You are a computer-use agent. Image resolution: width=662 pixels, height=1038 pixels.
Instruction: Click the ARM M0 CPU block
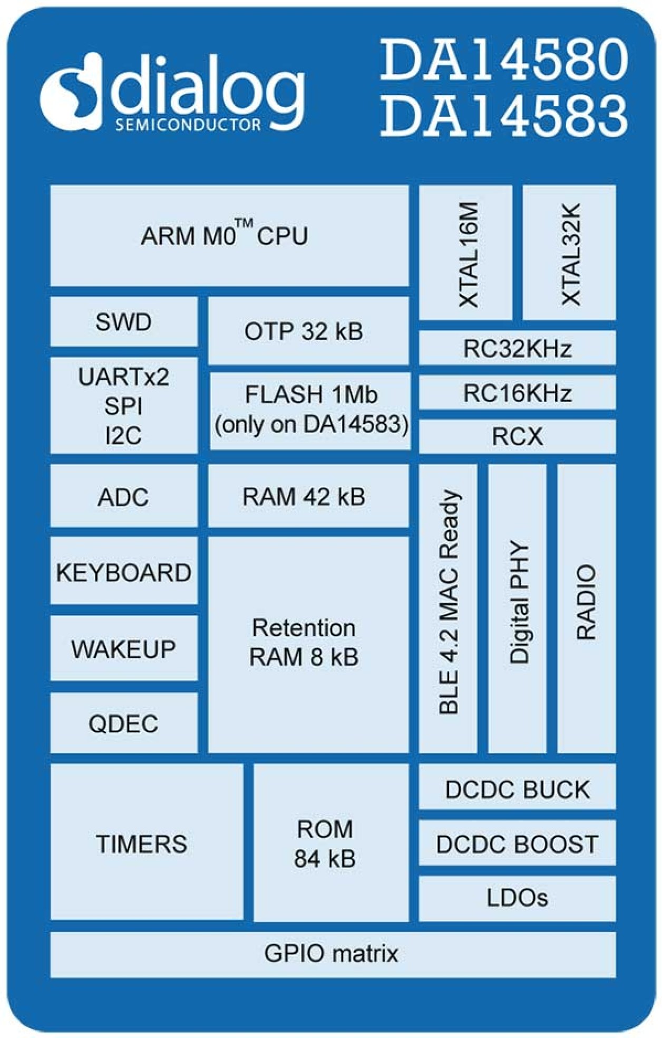[x=229, y=236]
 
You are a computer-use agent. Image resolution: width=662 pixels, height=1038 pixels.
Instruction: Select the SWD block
[x=123, y=322]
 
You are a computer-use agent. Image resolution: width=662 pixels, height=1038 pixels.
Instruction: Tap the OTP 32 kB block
[x=308, y=331]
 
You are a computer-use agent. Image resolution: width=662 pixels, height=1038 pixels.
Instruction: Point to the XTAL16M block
[x=466, y=253]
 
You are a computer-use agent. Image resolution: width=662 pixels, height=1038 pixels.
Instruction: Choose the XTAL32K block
[x=569, y=253]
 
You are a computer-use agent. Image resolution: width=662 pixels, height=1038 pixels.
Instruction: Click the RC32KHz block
[x=517, y=349]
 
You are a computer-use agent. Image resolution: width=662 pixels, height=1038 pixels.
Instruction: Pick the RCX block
[x=517, y=437]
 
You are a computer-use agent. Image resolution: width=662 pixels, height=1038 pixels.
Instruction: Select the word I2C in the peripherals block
[x=123, y=436]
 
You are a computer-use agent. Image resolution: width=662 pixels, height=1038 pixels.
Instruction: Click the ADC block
[x=123, y=496]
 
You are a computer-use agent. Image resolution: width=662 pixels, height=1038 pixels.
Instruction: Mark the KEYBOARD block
[x=123, y=572]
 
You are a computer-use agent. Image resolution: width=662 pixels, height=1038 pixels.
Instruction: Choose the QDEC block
[x=123, y=723]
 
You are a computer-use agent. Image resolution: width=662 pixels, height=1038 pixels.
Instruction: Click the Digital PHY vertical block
[x=517, y=609]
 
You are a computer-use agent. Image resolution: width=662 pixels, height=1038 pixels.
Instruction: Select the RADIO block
[x=586, y=609]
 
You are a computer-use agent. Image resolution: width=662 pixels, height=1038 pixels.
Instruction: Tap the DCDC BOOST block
[x=517, y=844]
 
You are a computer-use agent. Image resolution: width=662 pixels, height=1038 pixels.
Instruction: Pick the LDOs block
[x=517, y=898]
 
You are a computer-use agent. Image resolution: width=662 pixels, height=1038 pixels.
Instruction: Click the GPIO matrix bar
[x=332, y=954]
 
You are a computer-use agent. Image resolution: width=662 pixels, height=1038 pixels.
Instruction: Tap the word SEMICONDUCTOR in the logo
[x=188, y=126]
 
